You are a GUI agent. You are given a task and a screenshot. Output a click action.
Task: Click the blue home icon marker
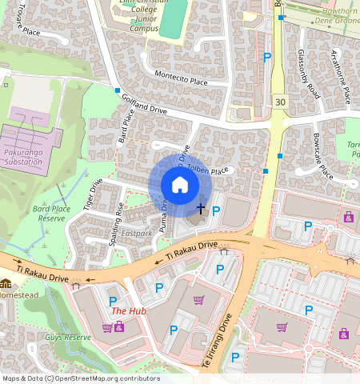coord(180,186)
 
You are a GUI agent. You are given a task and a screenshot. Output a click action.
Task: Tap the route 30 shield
coord(279,101)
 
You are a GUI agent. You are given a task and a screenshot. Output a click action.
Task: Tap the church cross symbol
coord(200,208)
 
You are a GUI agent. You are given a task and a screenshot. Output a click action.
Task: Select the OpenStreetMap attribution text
coord(80,378)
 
